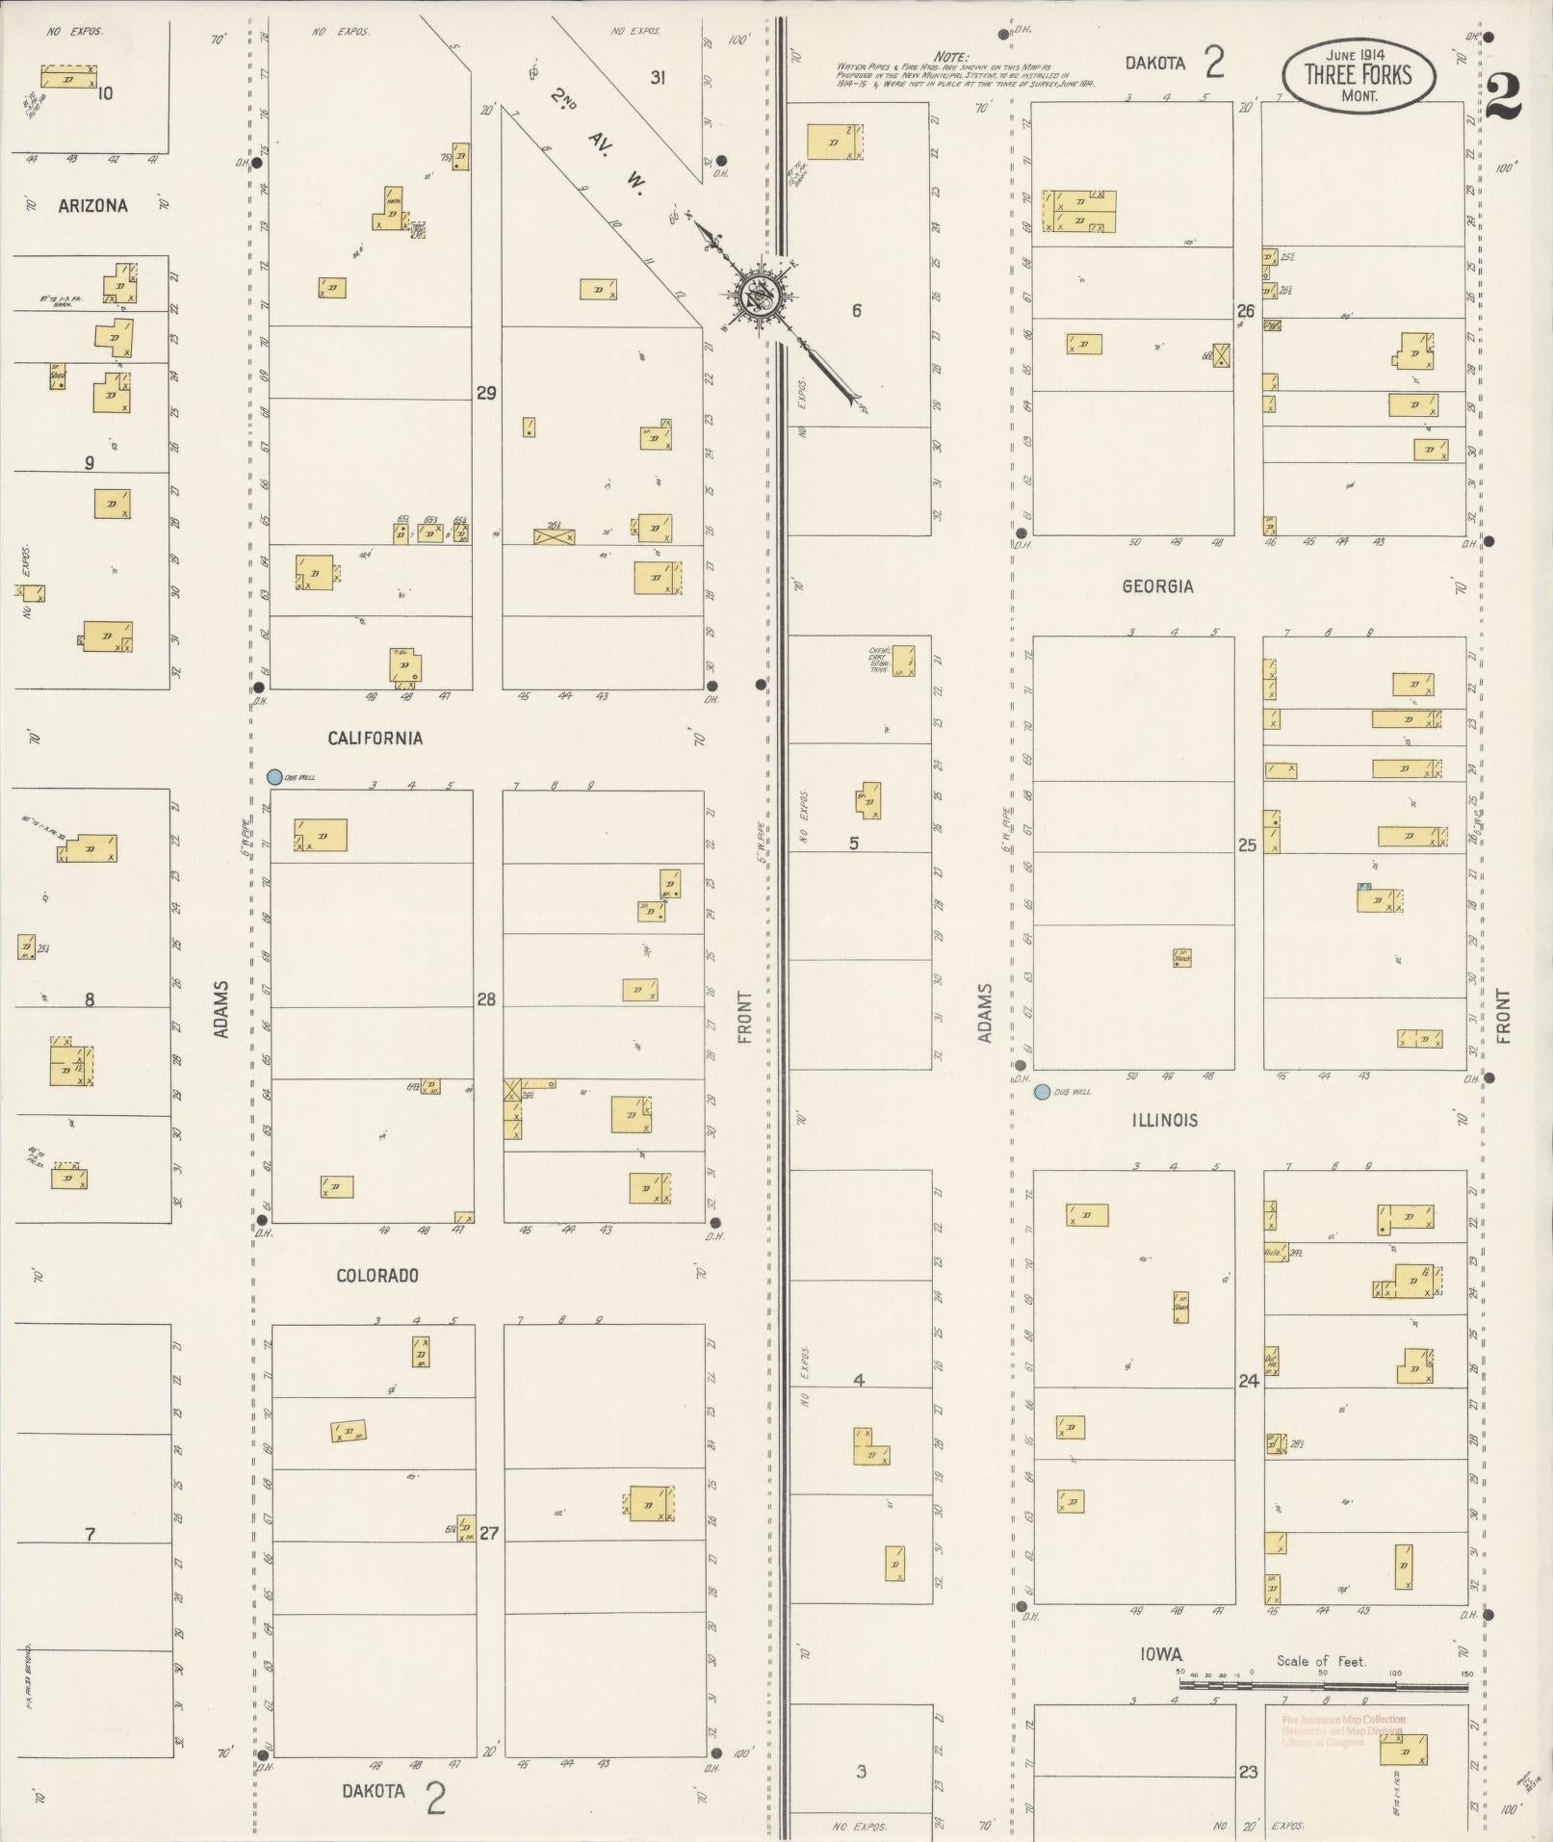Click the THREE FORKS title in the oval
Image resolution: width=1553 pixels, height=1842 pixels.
pyautogui.click(x=1358, y=75)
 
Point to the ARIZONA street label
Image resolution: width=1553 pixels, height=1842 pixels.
pyautogui.click(x=92, y=205)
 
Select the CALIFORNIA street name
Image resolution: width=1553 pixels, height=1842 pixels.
pyautogui.click(x=375, y=739)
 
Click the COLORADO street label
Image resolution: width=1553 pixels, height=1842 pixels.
pyautogui.click(x=376, y=1275)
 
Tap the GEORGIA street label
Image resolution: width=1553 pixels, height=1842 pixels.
pyautogui.click(x=1156, y=586)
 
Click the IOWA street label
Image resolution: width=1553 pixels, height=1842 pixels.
pyautogui.click(x=1161, y=1654)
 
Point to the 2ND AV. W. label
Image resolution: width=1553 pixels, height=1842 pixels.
pyautogui.click(x=598, y=138)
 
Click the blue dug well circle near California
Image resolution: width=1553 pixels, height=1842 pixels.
pyautogui.click(x=274, y=776)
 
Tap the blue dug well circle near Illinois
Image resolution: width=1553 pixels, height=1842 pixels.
pyautogui.click(x=1041, y=1092)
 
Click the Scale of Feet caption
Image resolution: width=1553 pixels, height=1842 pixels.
pyautogui.click(x=1321, y=1660)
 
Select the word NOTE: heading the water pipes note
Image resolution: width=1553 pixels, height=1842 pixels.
pyautogui.click(x=951, y=58)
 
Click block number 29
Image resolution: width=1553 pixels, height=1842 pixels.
pyautogui.click(x=486, y=393)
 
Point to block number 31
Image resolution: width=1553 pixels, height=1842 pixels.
pyautogui.click(x=658, y=78)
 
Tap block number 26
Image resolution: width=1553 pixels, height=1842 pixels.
pyautogui.click(x=1246, y=310)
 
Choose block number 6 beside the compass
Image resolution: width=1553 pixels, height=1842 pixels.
pyautogui.click(x=856, y=310)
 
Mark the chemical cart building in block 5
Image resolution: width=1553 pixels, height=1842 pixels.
pyautogui.click(x=903, y=661)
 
